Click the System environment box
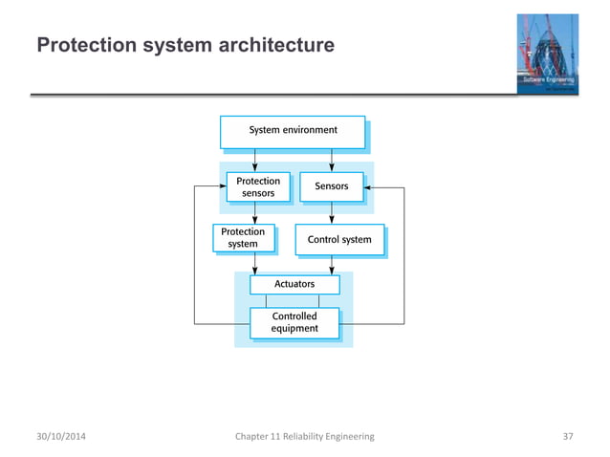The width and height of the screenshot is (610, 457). (x=293, y=131)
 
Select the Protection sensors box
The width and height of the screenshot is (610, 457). (x=257, y=186)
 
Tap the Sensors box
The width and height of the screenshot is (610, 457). (x=331, y=186)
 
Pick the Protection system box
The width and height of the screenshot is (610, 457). (x=243, y=237)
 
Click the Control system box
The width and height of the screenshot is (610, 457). (x=339, y=239)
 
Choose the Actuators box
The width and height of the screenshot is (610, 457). (x=294, y=284)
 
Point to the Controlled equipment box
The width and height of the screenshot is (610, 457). (x=294, y=322)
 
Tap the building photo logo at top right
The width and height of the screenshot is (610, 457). (x=549, y=55)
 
